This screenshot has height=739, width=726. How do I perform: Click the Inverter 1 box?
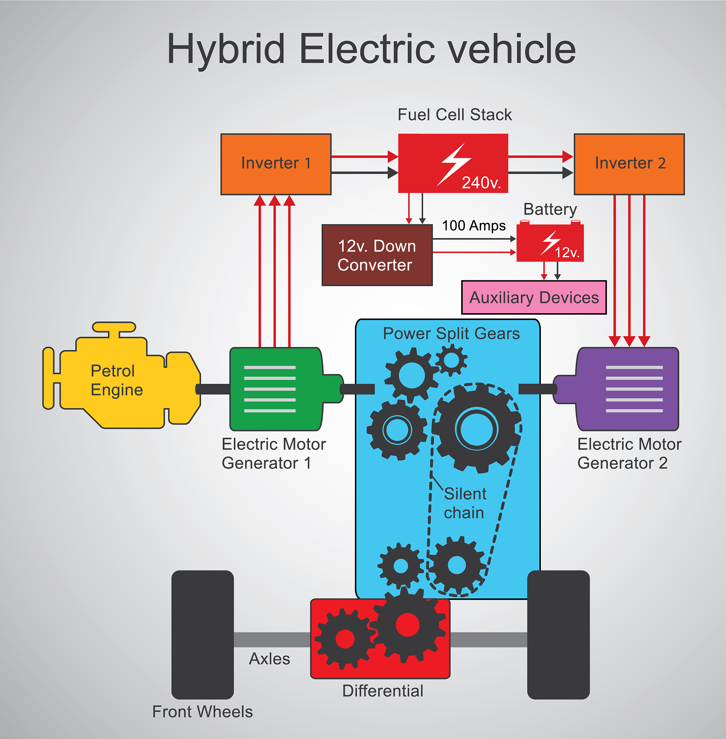[276, 164]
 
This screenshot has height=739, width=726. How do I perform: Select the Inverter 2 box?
[629, 164]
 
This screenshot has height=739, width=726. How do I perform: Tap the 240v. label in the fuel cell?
[481, 183]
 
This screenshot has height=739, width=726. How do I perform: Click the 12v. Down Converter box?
[377, 255]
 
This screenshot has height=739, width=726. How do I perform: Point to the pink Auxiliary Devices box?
[534, 298]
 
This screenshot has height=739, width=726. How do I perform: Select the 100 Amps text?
[474, 226]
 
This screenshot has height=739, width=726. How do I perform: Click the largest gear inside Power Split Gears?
[477, 429]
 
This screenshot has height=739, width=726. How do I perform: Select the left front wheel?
[203, 635]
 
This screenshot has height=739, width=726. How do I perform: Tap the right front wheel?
[558, 635]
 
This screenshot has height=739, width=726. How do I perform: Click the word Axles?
[269, 659]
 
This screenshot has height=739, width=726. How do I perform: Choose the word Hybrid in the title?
[226, 49]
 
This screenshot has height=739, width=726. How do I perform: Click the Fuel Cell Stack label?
[455, 115]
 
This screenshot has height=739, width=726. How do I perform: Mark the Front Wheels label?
[203, 712]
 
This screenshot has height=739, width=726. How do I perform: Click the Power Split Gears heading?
[451, 333]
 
